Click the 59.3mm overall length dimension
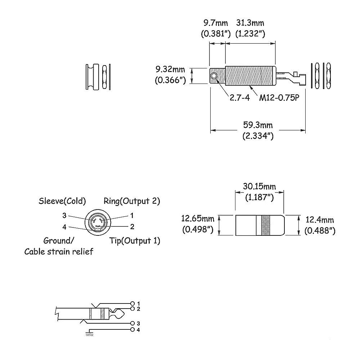point(258,125)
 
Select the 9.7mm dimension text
point(216,23)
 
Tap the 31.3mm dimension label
point(250,23)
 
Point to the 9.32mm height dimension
point(170,69)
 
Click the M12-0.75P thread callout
point(279,98)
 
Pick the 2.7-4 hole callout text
point(240,98)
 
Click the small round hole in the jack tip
point(215,76)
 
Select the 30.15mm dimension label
point(260,186)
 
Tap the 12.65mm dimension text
point(198,219)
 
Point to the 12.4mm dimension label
point(320,220)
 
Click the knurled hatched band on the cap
point(266,225)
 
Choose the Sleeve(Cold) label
point(62,201)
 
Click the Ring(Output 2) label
point(132,201)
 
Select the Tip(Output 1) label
point(135,241)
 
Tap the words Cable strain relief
point(59,252)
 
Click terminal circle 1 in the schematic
point(132,303)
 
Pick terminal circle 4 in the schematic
point(132,330)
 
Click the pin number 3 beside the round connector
point(64,216)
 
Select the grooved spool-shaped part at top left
point(92,77)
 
